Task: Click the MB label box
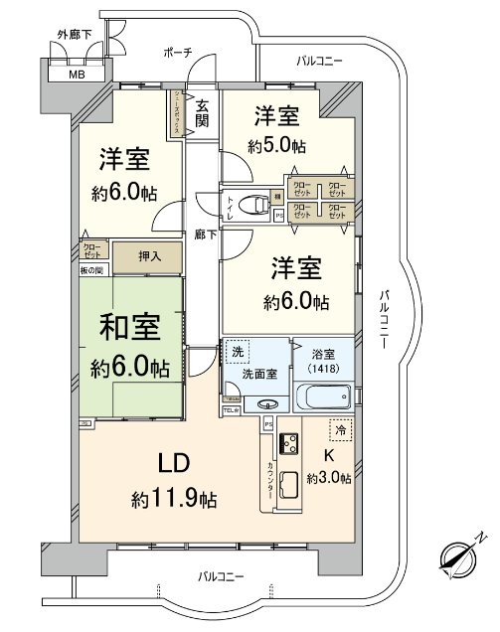76,75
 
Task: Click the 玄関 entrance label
202,114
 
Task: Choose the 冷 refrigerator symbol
340,432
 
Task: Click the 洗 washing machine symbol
238,352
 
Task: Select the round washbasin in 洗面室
264,404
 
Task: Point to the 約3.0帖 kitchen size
329,478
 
